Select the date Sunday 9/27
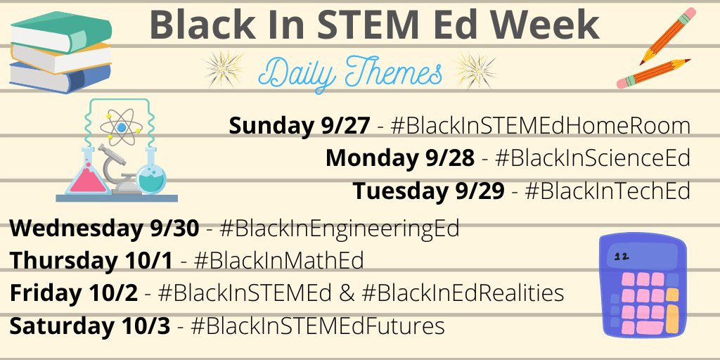[x=299, y=127]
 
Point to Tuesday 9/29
[x=428, y=191]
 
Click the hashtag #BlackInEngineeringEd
[x=339, y=229]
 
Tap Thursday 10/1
[x=91, y=261]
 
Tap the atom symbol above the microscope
[x=121, y=127]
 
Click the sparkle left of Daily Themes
[x=223, y=68]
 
